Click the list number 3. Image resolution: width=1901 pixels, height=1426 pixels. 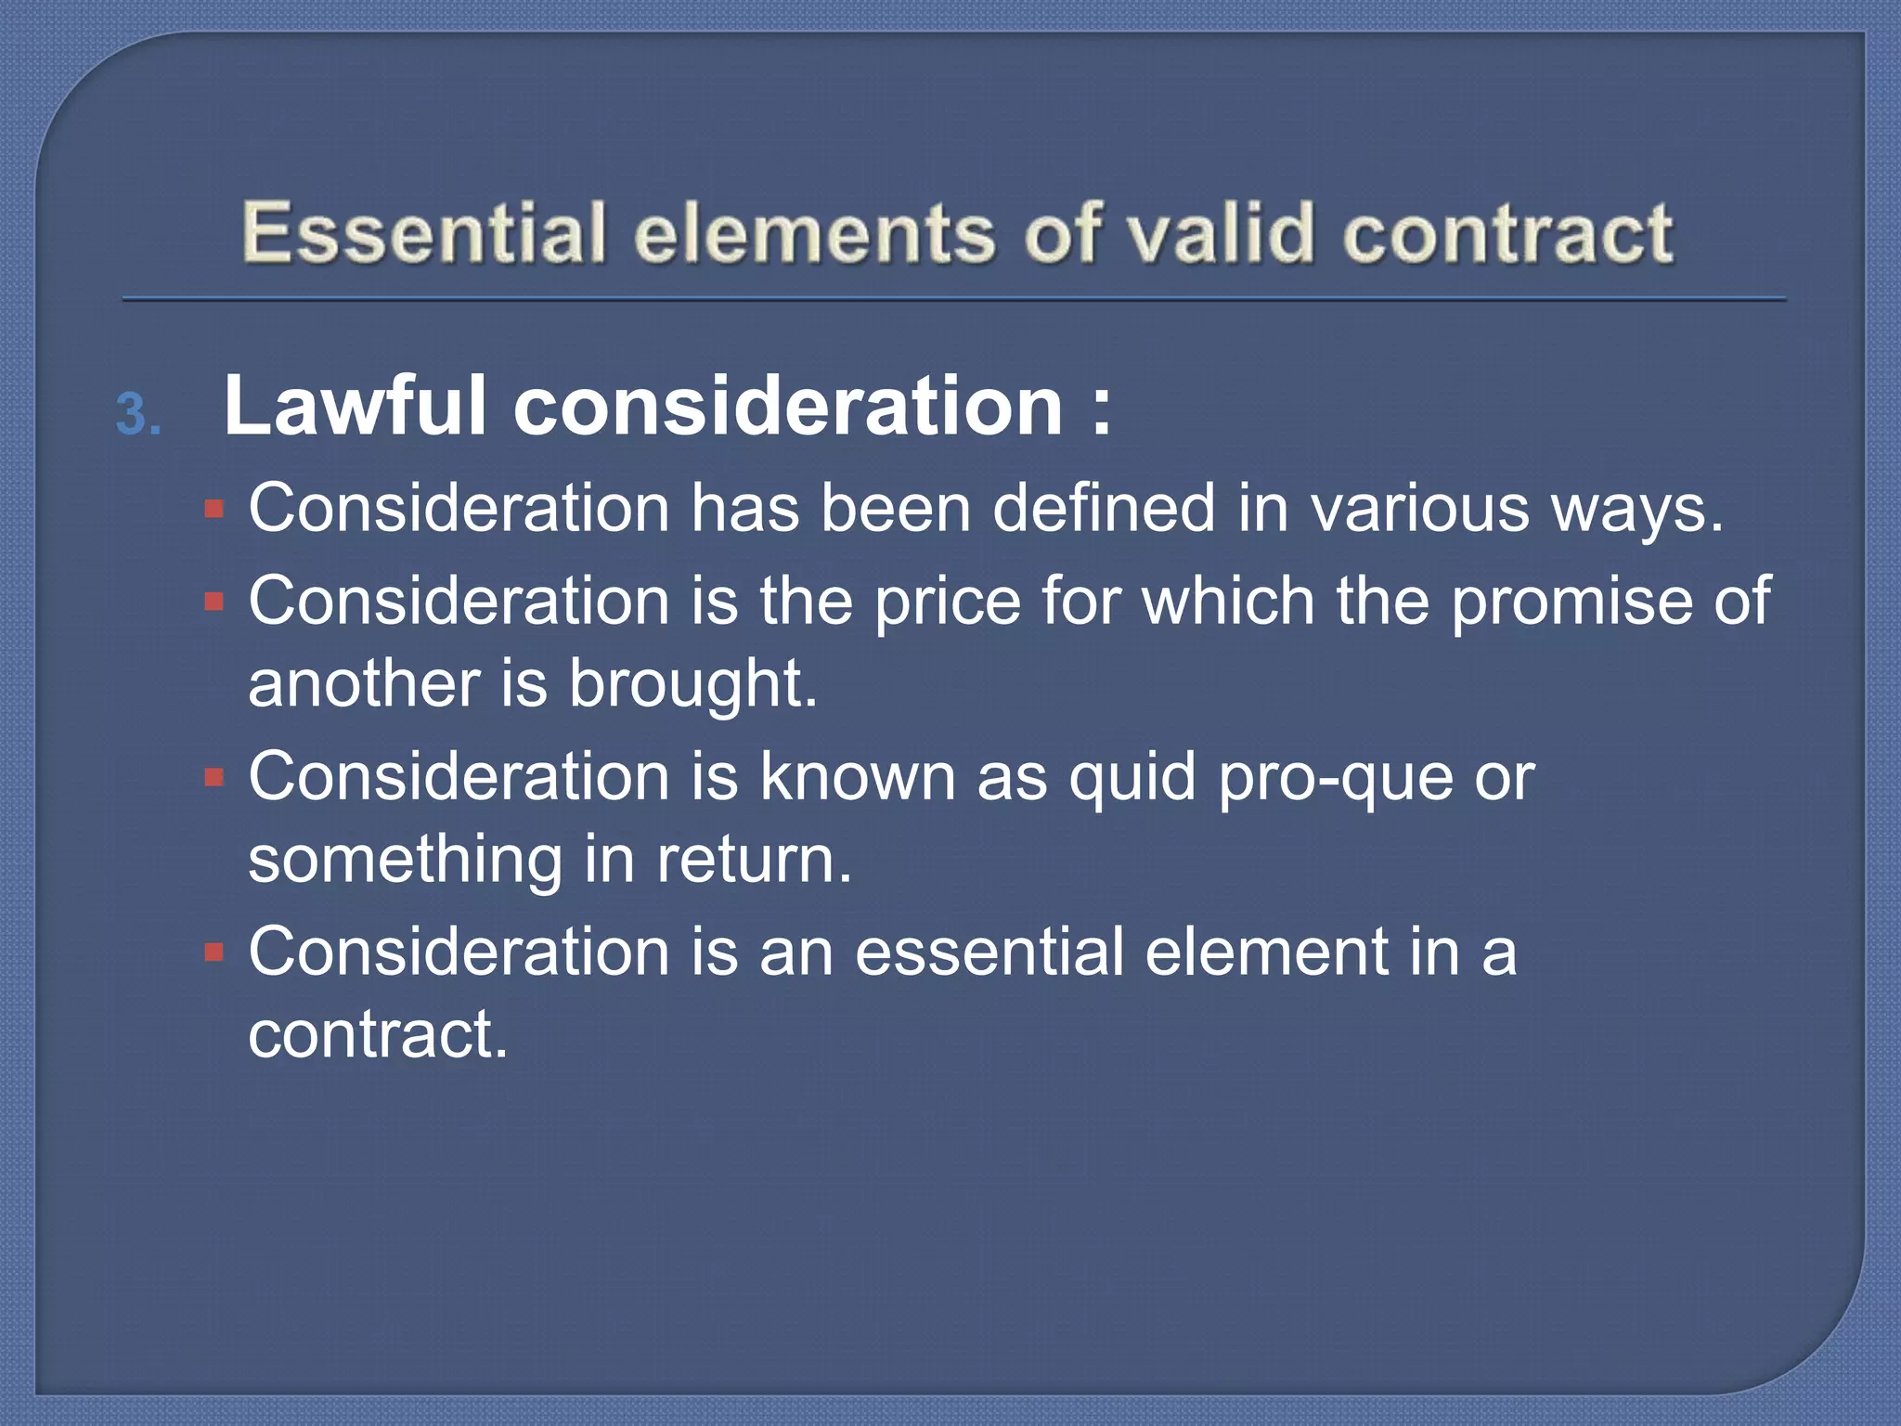click(x=138, y=415)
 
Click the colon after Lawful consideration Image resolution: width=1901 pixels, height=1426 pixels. click(x=1101, y=408)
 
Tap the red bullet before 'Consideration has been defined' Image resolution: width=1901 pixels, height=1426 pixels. click(x=214, y=509)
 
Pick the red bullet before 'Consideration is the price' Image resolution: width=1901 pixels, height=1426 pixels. click(x=214, y=602)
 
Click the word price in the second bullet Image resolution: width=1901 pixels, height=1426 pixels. click(x=948, y=603)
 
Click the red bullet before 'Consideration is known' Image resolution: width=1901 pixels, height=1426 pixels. click(x=214, y=777)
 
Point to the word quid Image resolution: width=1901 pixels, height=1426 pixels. click(x=1132, y=778)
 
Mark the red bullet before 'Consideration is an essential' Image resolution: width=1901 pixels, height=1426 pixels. click(x=214, y=953)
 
